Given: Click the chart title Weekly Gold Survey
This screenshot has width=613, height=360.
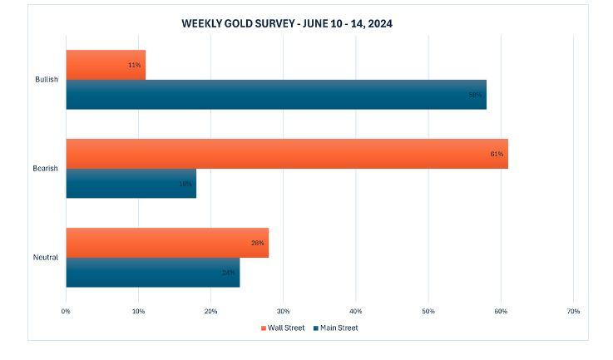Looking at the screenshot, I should [x=287, y=23].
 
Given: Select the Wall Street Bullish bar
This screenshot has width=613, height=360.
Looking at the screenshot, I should [x=106, y=65].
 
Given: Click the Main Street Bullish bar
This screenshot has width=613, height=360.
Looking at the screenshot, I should [x=275, y=95].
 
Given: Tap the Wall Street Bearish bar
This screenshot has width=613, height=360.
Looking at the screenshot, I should [x=286, y=154].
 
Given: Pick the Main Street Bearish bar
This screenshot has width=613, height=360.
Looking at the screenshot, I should [x=131, y=184].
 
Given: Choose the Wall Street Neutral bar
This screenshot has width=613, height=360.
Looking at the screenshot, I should [x=166, y=243].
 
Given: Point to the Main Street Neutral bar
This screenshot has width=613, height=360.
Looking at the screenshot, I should [x=152, y=273].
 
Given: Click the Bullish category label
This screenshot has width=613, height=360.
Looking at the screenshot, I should [x=47, y=80].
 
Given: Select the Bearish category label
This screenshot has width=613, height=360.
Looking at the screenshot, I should [x=46, y=169].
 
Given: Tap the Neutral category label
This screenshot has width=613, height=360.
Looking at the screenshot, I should [x=47, y=258].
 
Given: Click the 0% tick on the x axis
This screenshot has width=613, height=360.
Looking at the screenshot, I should [x=66, y=311].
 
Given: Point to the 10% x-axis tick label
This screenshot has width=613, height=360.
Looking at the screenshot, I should [x=138, y=311].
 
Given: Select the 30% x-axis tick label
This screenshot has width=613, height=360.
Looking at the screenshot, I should [x=283, y=311].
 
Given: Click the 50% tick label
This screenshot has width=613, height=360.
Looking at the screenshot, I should [x=428, y=311].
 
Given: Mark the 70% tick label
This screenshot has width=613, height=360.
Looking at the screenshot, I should [x=573, y=311].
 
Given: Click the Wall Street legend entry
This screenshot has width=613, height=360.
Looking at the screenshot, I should [x=282, y=328].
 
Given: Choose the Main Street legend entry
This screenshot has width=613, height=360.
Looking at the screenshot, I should [x=335, y=328].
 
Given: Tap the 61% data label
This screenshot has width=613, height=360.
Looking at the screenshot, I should [x=497, y=154].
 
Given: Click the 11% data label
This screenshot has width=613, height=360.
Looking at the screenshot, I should [x=134, y=65].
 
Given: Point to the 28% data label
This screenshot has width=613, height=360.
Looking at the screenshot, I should [x=257, y=243].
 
